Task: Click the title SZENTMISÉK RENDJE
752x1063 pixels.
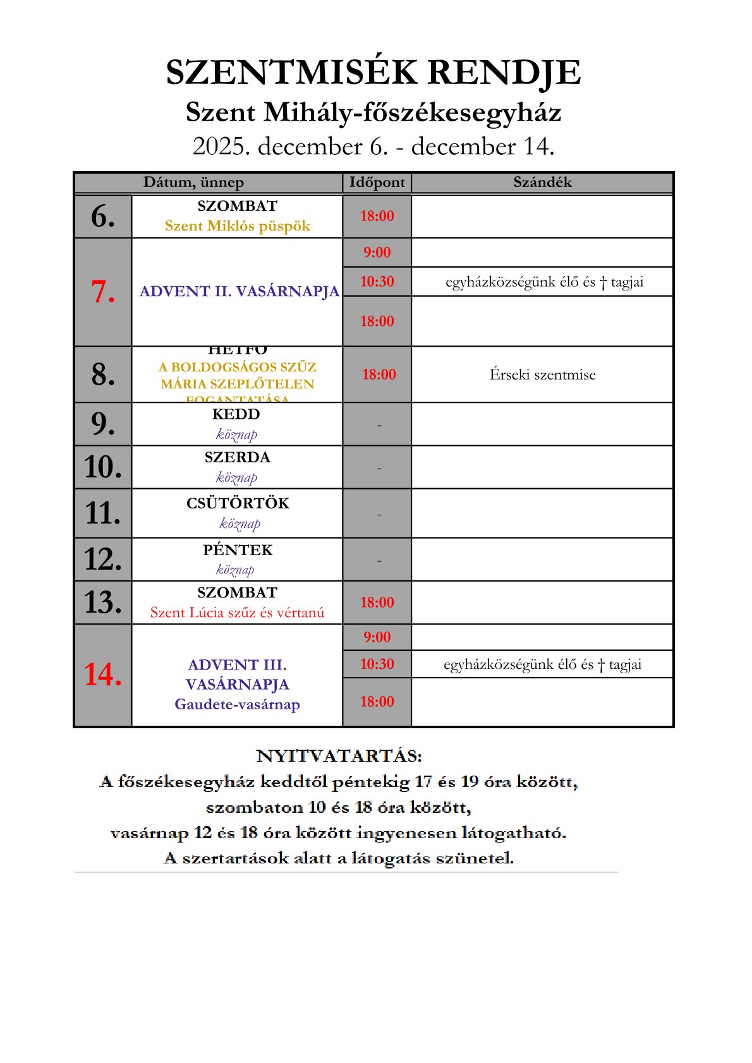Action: (373, 73)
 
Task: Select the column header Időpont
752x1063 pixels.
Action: (377, 183)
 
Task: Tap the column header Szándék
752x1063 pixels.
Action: (542, 183)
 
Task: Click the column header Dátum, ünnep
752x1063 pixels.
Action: (193, 183)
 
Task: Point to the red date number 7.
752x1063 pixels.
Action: (103, 292)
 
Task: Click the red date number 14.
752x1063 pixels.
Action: (103, 675)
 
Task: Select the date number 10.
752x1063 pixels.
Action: (103, 467)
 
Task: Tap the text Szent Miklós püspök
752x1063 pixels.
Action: (237, 226)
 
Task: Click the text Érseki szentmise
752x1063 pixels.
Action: (542, 375)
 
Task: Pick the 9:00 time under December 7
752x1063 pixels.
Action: (377, 253)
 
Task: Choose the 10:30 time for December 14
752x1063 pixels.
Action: (377, 664)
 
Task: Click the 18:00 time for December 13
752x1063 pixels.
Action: (377, 603)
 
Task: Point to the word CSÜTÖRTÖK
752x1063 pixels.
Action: (237, 503)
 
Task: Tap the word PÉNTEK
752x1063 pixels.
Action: (237, 550)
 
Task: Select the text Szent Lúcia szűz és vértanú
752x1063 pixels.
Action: (237, 613)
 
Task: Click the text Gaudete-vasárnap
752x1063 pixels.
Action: (237, 704)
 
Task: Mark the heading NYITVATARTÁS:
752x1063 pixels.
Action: (339, 756)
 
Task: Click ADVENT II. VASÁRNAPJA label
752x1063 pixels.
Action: (239, 292)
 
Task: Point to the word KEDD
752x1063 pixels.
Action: (236, 414)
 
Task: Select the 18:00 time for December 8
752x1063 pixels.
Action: (379, 375)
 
